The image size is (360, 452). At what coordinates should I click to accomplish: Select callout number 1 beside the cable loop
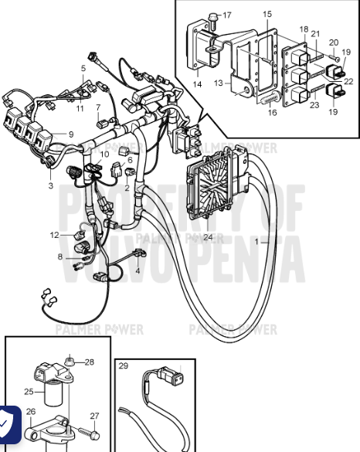pyautogui.click(x=267, y=243)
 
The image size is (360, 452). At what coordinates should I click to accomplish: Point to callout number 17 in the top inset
pyautogui.click(x=226, y=15)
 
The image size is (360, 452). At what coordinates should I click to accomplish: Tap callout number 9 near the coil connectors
pyautogui.click(x=71, y=134)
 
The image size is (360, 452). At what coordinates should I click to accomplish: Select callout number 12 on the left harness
pyautogui.click(x=54, y=234)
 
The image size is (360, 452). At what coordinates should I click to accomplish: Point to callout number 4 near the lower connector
pyautogui.click(x=138, y=270)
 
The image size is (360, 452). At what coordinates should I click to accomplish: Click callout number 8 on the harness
pyautogui.click(x=60, y=257)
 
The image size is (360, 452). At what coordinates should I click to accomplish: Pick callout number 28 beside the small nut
pyautogui.click(x=89, y=362)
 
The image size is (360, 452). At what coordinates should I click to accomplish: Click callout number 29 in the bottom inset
pyautogui.click(x=124, y=365)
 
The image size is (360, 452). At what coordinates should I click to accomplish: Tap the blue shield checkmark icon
pyautogui.click(x=8, y=423)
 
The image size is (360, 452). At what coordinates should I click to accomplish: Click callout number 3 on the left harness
pyautogui.click(x=50, y=185)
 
